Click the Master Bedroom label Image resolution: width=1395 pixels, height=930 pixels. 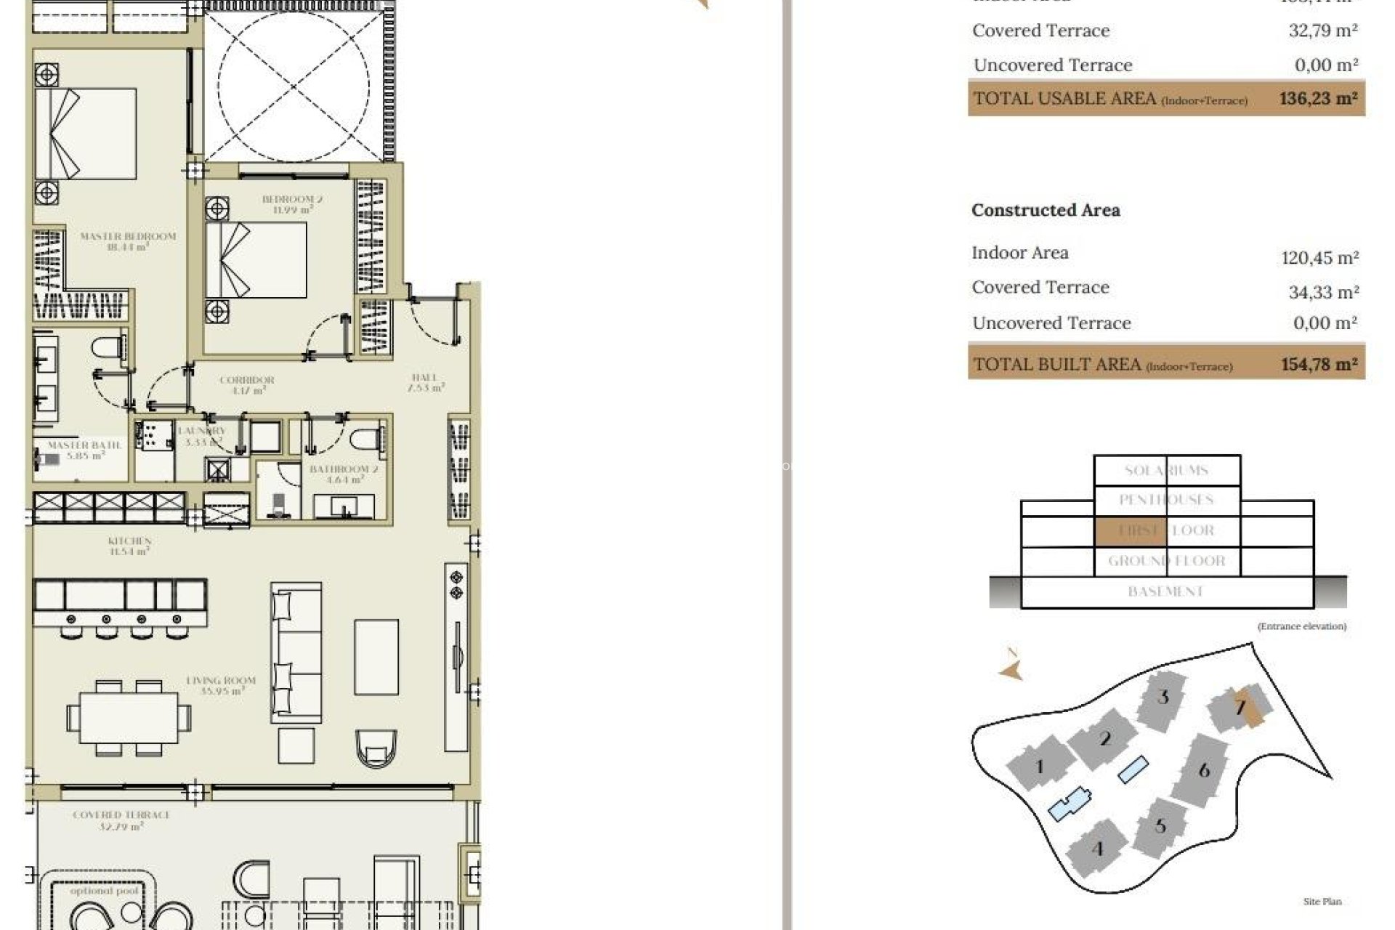click(128, 241)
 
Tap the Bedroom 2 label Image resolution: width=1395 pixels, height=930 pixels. click(292, 204)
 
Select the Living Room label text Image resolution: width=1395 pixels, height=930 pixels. click(221, 685)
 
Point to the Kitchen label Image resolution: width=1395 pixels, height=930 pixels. click(129, 546)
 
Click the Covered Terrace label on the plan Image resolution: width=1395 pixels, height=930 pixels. click(121, 820)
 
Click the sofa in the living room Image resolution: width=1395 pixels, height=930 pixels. click(296, 652)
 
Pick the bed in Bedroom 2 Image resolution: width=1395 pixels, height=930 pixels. click(256, 260)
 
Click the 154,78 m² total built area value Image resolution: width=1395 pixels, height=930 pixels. click(1319, 364)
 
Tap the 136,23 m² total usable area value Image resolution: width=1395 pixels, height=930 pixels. click(1318, 98)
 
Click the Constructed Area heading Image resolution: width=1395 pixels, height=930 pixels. click(1046, 210)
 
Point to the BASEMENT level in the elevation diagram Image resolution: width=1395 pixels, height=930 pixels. click(1166, 591)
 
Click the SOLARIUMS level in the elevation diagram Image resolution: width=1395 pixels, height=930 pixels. click(1166, 470)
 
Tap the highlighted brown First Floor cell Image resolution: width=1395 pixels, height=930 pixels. click(1130, 530)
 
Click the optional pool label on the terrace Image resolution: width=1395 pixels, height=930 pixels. click(104, 891)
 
